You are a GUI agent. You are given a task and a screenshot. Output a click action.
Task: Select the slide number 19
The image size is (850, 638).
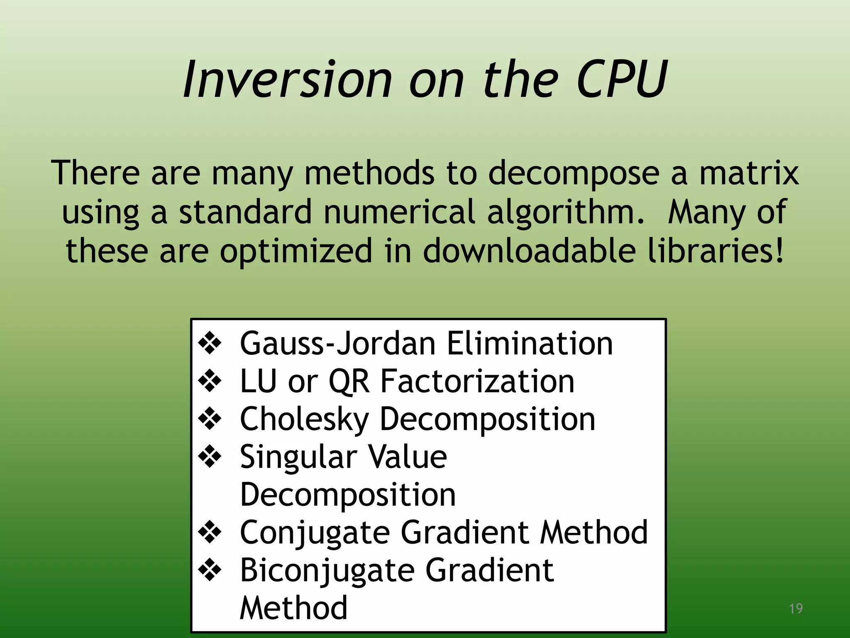[x=796, y=609]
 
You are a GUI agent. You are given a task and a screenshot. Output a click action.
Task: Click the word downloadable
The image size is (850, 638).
[x=529, y=251]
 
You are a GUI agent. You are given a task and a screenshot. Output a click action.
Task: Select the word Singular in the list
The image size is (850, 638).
[x=298, y=457]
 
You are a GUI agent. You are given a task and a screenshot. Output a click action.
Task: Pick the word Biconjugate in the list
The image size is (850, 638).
[x=327, y=571]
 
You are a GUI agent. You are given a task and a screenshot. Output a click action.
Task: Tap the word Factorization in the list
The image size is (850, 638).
[x=477, y=381]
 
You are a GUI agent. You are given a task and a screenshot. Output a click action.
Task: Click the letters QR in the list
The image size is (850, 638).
[x=349, y=381]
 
